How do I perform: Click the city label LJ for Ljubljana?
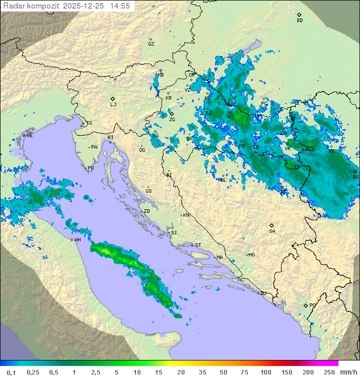[x=113, y=105]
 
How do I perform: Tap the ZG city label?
[x=172, y=120]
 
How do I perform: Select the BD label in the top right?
[x=299, y=21]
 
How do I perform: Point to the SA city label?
[x=272, y=231]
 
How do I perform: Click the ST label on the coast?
[x=198, y=245]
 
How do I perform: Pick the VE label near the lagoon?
[x=29, y=136]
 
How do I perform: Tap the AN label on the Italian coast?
[x=77, y=240]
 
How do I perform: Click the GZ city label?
[x=151, y=44]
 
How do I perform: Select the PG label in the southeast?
[x=312, y=305]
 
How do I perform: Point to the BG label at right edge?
[x=355, y=177]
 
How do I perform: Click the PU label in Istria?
[x=90, y=168]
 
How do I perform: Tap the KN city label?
[x=186, y=215]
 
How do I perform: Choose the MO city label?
[x=251, y=255]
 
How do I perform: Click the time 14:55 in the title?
[x=120, y=6]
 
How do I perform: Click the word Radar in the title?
[x=13, y=6]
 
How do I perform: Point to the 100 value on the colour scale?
[x=265, y=372]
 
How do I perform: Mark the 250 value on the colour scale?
[x=328, y=372]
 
